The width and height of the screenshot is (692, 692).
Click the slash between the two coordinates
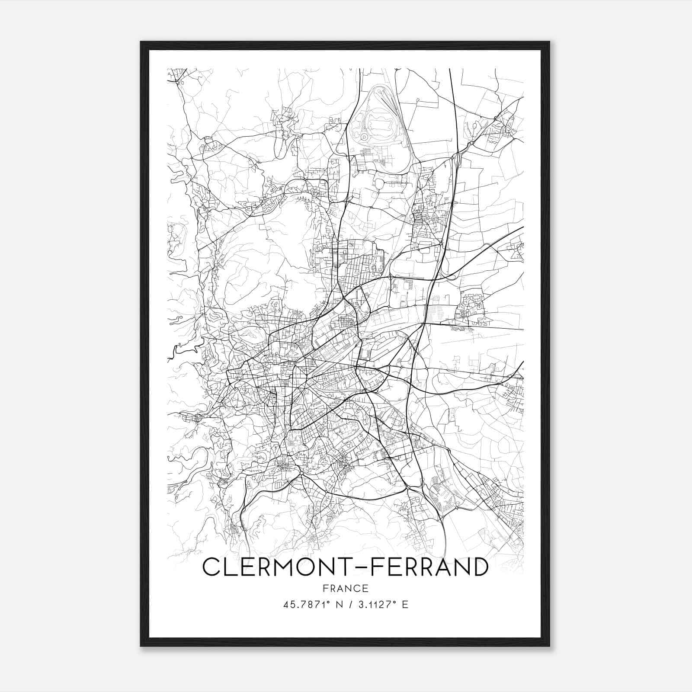point(349,604)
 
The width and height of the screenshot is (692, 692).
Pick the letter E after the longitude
point(405,604)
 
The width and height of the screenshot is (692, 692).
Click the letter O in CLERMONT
point(303,567)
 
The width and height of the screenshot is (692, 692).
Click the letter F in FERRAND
point(374,567)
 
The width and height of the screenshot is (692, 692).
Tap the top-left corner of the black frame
point(141,42)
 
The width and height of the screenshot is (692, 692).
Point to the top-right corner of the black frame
point(549,42)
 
